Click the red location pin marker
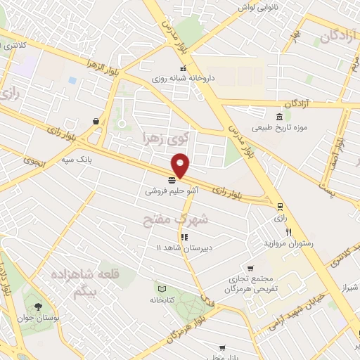tap(181, 165)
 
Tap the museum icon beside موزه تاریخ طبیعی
tap(280, 117)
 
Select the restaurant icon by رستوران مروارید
tap(288, 232)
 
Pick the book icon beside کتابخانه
tap(162, 289)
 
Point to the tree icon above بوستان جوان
tap(37, 307)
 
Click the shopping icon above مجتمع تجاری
tap(251, 268)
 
